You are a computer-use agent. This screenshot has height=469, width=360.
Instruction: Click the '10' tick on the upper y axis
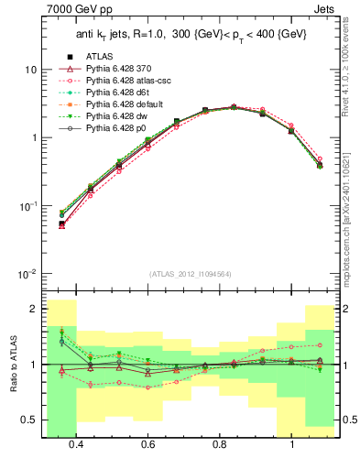31,70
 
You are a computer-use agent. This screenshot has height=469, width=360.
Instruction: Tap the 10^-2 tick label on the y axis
28,275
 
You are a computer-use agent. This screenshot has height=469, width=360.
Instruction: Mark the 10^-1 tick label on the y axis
28,206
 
